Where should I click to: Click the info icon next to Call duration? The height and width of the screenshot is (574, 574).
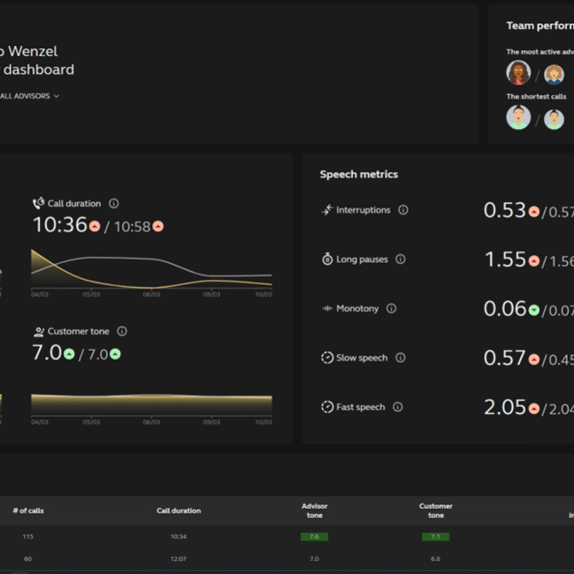pos(114,203)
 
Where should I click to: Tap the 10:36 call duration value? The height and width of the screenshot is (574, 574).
pos(59,225)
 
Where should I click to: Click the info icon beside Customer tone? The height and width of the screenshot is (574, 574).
pos(122,331)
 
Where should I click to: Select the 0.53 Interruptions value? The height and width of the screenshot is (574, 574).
pos(504,211)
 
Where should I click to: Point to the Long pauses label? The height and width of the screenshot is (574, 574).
pos(361,259)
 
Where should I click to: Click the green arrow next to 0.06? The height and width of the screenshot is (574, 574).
pos(533,310)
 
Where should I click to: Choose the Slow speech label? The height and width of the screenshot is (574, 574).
pos(361,358)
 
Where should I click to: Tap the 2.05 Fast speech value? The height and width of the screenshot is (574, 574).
pos(504,408)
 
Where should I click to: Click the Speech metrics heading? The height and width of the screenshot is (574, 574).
pos(359,174)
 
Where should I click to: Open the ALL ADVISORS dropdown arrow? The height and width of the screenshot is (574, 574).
pos(56,96)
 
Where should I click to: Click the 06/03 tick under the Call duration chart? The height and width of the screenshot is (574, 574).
pos(151,294)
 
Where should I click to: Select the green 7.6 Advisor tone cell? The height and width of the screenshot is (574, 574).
pos(314,536)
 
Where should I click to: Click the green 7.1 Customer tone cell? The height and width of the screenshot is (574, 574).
pos(435,536)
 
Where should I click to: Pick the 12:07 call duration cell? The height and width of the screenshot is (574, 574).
pos(179,558)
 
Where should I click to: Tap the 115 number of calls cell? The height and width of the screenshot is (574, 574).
pos(28,536)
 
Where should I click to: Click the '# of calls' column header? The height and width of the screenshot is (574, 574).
pos(28,511)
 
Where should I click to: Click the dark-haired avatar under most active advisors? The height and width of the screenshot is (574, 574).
pos(518,73)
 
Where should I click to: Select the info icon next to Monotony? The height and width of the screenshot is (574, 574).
pos(391,308)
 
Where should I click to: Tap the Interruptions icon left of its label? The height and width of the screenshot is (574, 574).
pos(327,210)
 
